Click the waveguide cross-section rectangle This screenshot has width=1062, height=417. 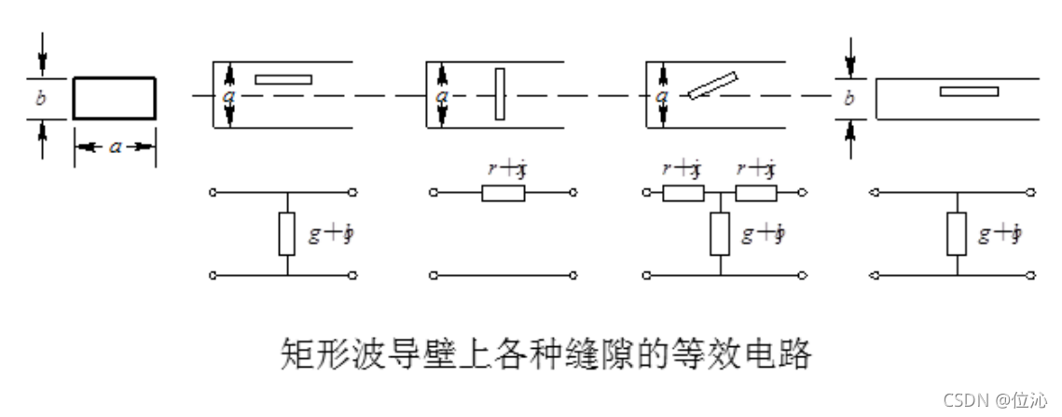114,99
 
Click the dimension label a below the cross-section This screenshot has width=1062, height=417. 115,146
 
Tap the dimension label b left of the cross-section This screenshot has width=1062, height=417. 41,99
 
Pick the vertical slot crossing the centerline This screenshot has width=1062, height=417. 501,93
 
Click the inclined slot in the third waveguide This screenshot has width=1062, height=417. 713,85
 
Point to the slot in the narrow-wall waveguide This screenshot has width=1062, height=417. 969,90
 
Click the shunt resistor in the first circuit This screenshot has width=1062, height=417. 287,233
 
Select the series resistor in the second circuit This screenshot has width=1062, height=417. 503,193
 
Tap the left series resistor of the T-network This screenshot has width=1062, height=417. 683,193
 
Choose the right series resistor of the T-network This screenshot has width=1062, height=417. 755,193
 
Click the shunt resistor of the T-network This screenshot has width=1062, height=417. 719,233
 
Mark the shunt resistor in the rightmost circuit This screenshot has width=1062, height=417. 957,233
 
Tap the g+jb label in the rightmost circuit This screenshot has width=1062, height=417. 1000,234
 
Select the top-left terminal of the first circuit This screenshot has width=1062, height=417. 214,193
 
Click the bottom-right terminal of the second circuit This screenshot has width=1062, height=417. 572,274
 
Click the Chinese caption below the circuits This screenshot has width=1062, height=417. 545,354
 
